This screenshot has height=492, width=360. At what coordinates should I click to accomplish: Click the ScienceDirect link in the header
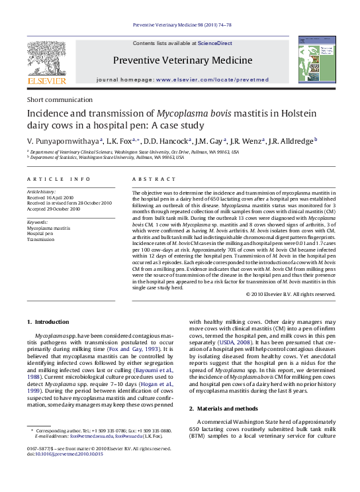[215, 42]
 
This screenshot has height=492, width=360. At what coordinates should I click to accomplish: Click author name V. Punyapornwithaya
[63, 140]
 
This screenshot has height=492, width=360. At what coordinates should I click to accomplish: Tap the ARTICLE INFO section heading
[59, 179]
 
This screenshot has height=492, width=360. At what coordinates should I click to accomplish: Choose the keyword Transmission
[41, 239]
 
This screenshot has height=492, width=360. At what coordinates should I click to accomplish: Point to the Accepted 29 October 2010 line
[54, 209]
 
